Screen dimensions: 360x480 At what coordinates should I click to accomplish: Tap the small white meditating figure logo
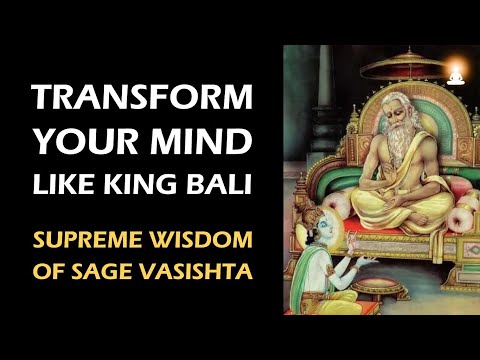[456, 73]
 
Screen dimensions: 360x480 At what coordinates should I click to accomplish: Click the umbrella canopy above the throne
[375, 65]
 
